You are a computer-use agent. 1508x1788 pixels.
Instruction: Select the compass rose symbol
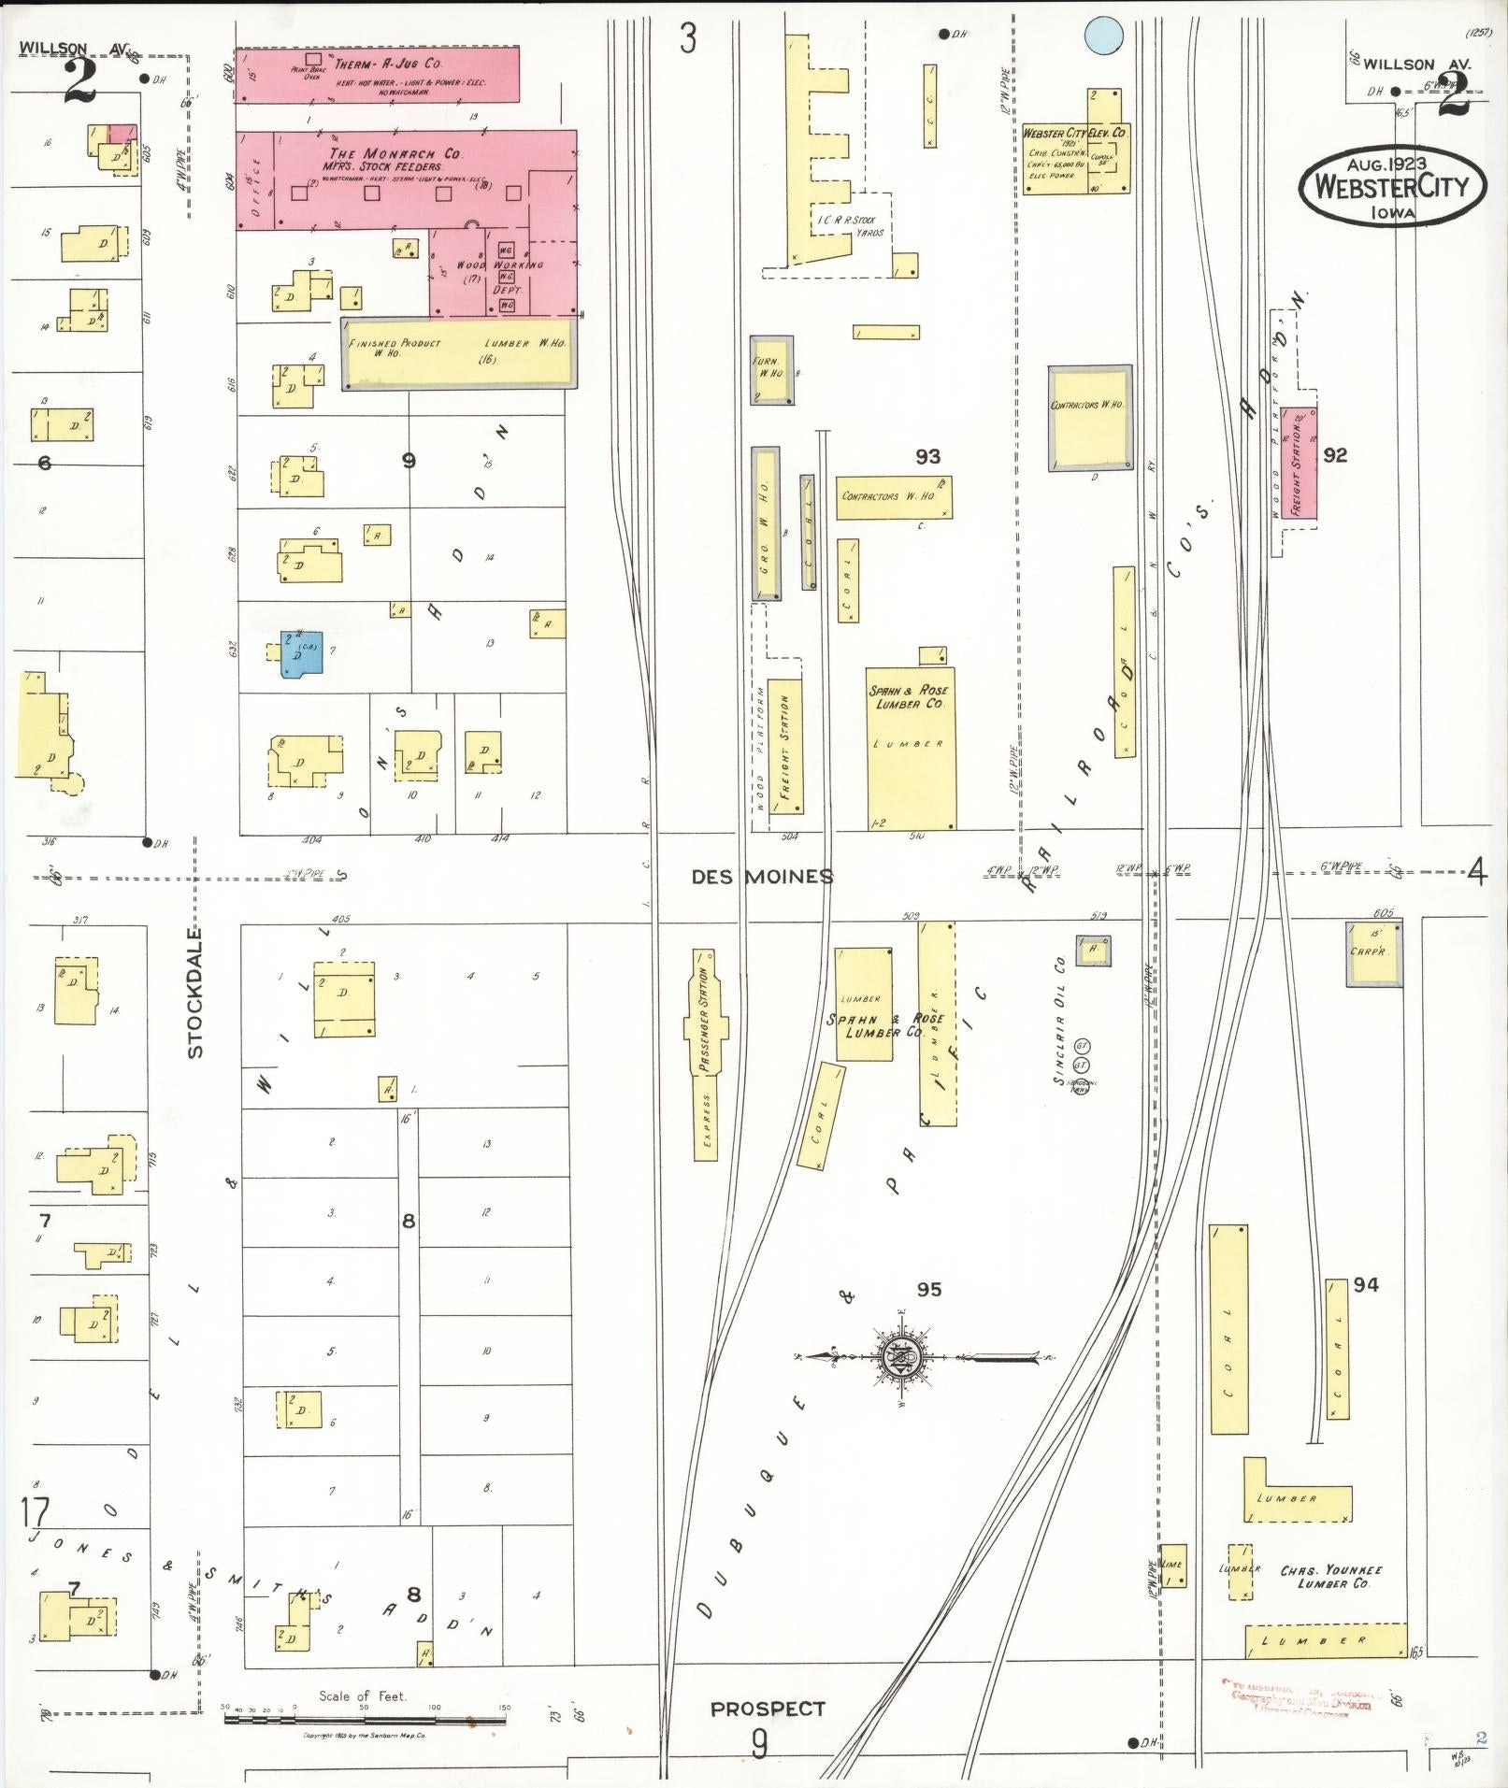(902, 1356)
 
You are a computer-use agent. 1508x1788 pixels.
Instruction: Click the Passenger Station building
(705, 1056)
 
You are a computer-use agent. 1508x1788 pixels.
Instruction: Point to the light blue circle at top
(1103, 36)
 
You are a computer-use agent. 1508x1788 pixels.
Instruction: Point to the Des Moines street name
(762, 877)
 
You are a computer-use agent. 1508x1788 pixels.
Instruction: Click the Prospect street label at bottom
(768, 1709)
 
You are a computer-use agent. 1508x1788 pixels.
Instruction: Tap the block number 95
(928, 1290)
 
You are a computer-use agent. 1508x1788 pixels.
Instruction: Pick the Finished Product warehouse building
(458, 352)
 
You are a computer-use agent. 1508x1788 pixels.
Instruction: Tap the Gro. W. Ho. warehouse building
(766, 523)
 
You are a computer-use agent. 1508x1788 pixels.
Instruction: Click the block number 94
(1366, 1285)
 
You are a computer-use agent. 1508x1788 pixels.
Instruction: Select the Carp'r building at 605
(1374, 953)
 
